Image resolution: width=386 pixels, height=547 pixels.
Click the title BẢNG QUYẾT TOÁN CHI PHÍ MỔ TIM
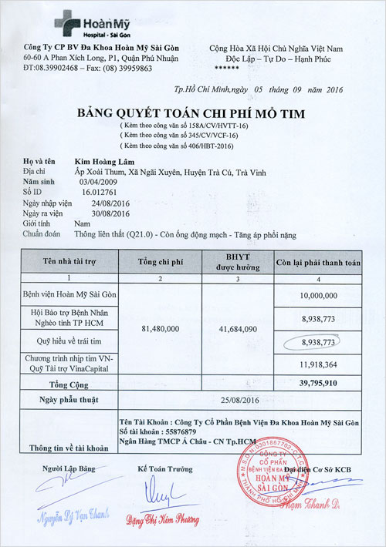click(x=191, y=114)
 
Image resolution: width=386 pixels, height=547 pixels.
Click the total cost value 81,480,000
click(x=161, y=329)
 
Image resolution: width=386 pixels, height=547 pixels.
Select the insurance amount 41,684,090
click(x=237, y=329)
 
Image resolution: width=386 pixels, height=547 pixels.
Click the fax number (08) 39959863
click(x=124, y=69)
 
